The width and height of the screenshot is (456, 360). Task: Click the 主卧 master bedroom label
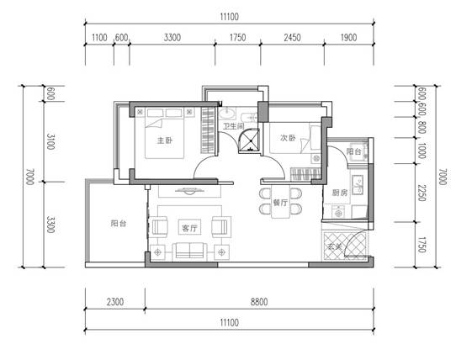[x=165, y=140]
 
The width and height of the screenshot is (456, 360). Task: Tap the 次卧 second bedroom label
[x=288, y=138]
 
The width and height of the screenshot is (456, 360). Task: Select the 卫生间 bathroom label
[x=234, y=126]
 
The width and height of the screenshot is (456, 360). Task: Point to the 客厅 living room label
[x=189, y=228]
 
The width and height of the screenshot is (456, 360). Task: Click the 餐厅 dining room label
[x=280, y=203]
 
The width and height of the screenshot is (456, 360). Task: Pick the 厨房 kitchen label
[x=340, y=193]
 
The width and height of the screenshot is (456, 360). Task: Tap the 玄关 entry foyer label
[x=335, y=246]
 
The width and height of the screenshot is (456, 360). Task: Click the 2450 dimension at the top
[x=292, y=38]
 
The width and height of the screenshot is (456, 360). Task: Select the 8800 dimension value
[x=259, y=302]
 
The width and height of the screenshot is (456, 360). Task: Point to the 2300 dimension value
[x=115, y=302]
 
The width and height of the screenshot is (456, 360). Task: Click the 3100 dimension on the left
[x=50, y=141]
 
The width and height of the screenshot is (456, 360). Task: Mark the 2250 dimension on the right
[x=422, y=193]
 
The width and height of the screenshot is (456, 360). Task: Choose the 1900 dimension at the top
[x=348, y=38]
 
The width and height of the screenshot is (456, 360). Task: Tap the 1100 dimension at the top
[x=99, y=38]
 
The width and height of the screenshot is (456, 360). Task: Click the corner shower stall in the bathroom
[x=249, y=140]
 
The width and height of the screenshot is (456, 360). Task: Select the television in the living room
[x=189, y=190]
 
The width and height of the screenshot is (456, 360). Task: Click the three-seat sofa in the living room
[x=189, y=251]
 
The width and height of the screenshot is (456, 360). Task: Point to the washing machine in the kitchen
[x=338, y=212]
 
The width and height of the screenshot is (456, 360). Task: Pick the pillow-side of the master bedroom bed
[x=165, y=114]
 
